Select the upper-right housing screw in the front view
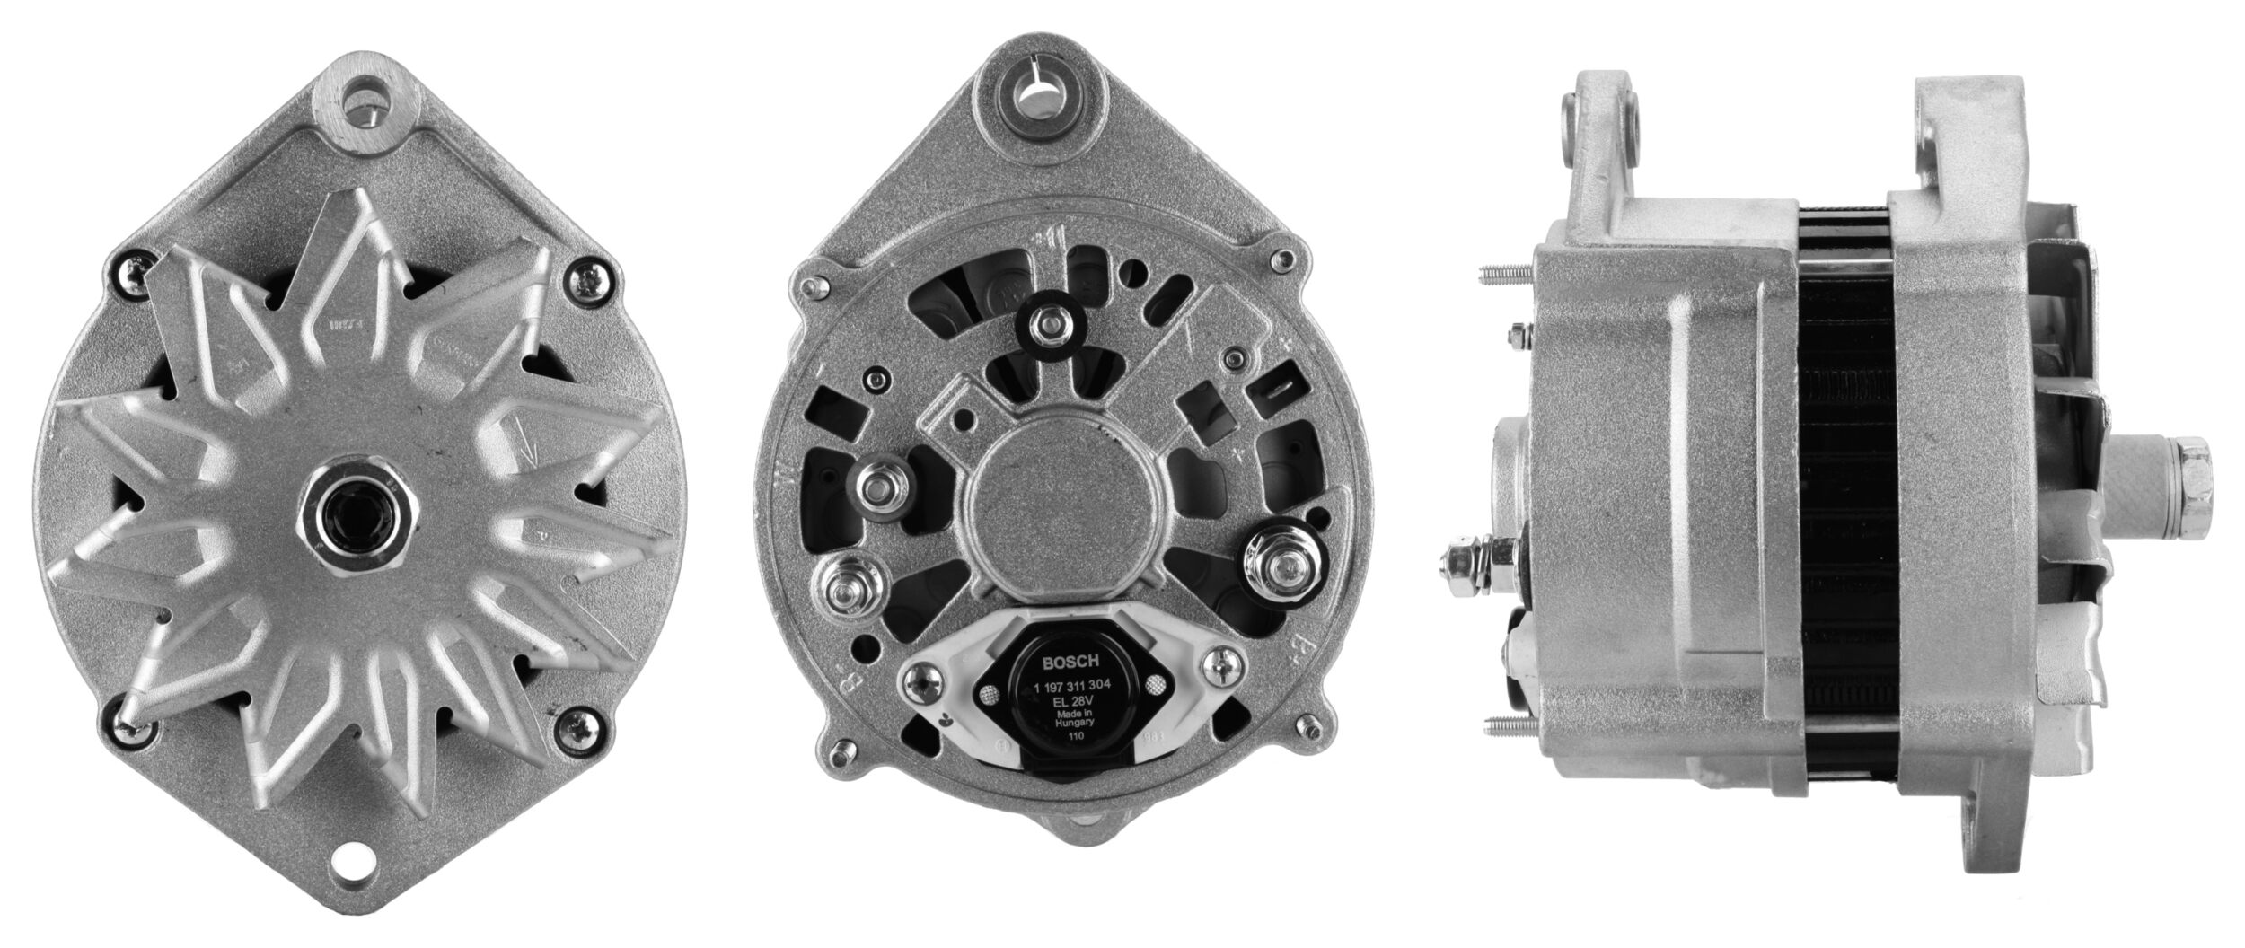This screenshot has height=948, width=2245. point(590,281)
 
